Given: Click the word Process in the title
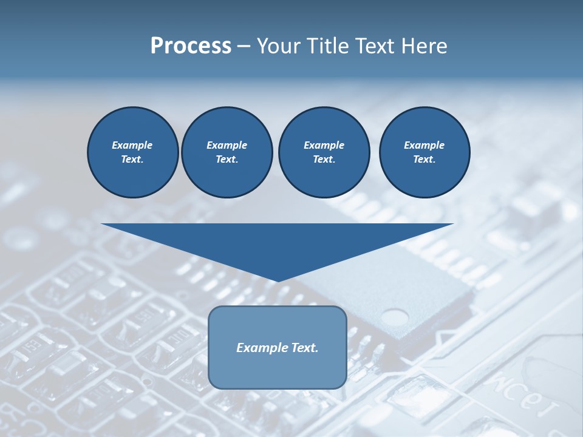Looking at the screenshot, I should [x=191, y=46].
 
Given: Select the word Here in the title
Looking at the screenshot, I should [x=423, y=46].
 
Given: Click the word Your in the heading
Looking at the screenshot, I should [x=278, y=46].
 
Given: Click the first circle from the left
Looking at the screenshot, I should [x=132, y=152].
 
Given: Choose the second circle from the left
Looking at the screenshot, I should [x=227, y=152].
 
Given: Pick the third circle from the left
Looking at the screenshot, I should [x=324, y=152].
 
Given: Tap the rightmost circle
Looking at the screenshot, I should [x=424, y=152].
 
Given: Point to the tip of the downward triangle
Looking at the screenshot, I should [x=278, y=281].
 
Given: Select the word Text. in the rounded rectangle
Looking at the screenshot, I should [x=304, y=348].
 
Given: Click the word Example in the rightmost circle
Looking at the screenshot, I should [x=424, y=145].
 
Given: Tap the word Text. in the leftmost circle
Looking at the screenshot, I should [x=132, y=160].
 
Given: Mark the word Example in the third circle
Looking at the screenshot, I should [x=324, y=145].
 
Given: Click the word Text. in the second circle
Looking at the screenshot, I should [x=227, y=160].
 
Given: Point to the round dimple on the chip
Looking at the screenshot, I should [x=395, y=316].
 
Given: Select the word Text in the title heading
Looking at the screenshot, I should [x=373, y=46].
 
